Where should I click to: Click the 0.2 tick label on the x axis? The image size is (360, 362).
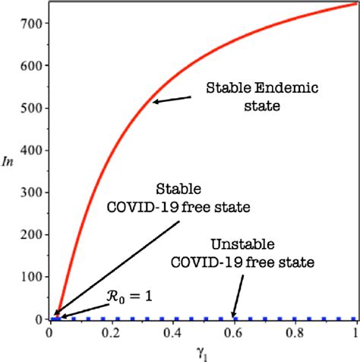112,332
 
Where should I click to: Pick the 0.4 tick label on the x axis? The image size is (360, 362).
173,332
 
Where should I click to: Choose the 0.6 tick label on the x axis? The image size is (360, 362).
234,332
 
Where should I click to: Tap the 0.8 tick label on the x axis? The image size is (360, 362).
295,332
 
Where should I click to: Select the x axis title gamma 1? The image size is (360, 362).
203,351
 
